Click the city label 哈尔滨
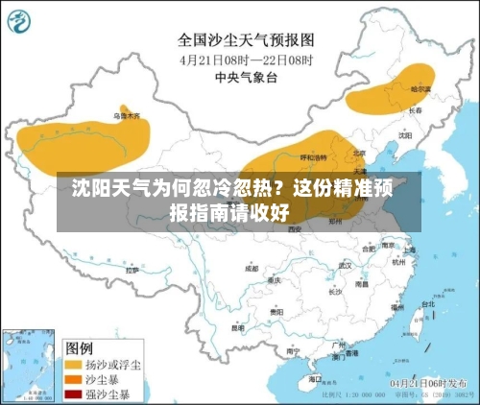(421, 88)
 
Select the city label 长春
(415, 110)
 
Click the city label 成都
(252, 269)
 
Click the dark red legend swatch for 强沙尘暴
(73, 393)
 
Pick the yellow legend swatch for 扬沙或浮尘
(73, 365)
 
